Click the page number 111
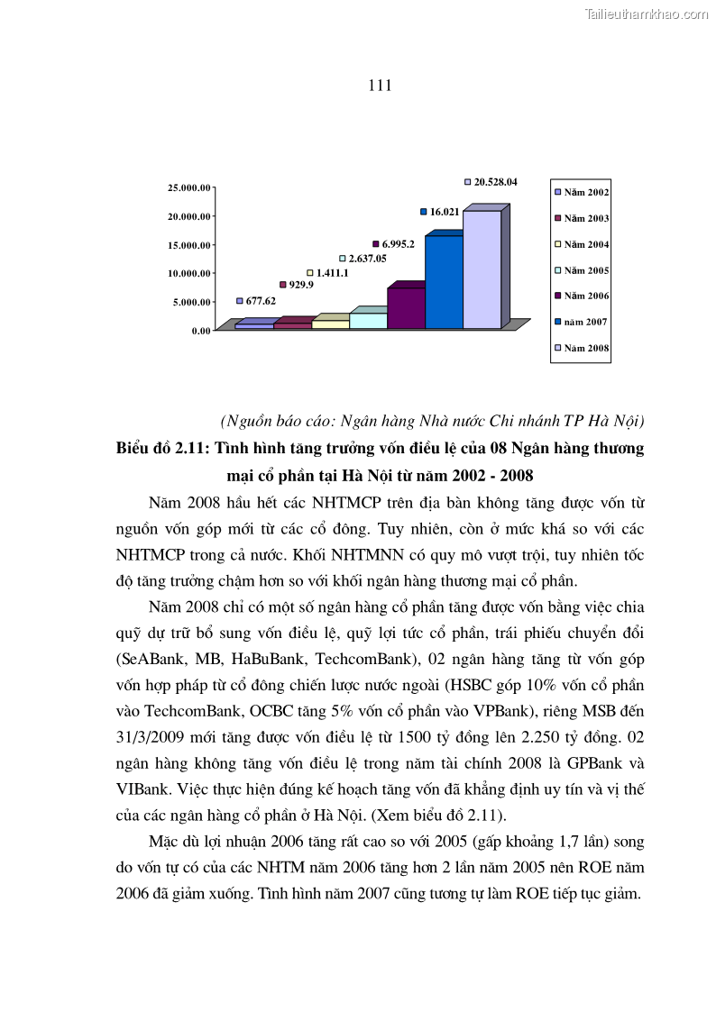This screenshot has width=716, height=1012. click(380, 86)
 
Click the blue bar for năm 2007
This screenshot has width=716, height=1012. click(444, 281)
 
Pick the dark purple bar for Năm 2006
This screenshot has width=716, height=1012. click(406, 308)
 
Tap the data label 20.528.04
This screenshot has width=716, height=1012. click(495, 182)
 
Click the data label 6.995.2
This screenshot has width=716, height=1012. click(398, 244)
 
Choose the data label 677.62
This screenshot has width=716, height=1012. click(261, 301)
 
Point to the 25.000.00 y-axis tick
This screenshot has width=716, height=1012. click(189, 187)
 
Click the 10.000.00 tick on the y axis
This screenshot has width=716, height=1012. click(189, 273)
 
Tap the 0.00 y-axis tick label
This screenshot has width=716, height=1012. click(200, 331)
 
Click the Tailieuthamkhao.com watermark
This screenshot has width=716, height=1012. click(647, 14)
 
